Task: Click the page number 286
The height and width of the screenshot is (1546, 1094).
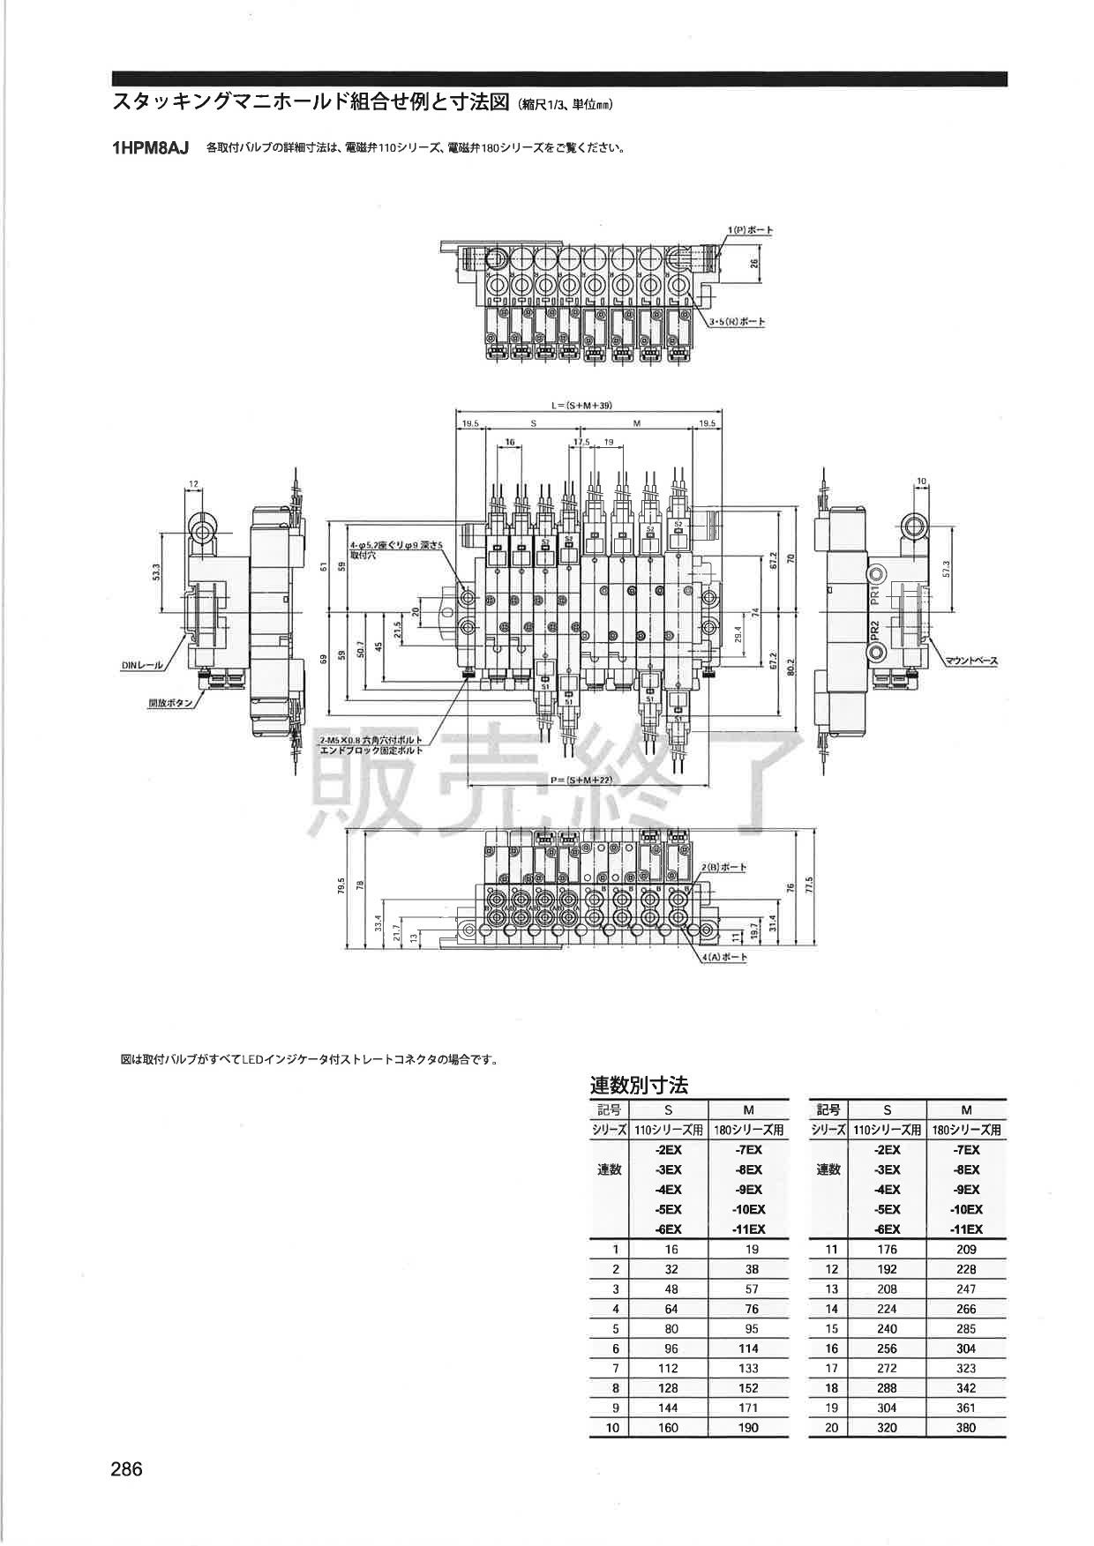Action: (x=126, y=1469)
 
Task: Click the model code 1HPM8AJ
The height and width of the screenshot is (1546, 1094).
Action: (x=151, y=148)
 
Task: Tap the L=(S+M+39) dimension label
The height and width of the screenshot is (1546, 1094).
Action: (x=581, y=406)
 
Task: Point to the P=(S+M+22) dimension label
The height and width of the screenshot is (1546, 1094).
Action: (x=581, y=780)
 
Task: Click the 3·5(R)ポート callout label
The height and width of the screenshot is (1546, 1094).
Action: (x=738, y=322)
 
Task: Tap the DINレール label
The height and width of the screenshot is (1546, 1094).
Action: (x=142, y=666)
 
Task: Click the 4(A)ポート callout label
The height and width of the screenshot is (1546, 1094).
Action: (x=725, y=957)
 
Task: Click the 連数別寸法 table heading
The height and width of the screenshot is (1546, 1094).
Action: (x=639, y=1085)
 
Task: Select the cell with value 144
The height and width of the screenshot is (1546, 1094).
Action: (x=668, y=1408)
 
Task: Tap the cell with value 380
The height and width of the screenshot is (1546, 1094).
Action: (x=966, y=1427)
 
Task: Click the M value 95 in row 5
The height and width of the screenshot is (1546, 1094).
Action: (x=748, y=1328)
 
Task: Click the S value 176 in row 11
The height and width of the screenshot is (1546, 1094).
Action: (x=887, y=1249)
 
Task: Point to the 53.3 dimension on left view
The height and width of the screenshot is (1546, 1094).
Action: (x=156, y=573)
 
